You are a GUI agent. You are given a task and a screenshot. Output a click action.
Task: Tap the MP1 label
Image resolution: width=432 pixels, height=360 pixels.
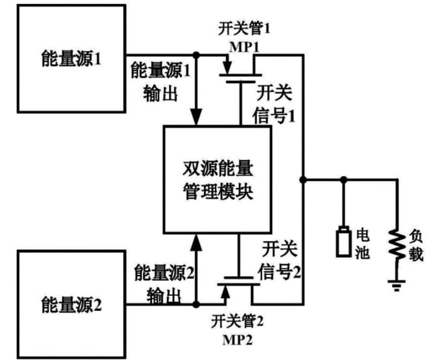click(245, 47)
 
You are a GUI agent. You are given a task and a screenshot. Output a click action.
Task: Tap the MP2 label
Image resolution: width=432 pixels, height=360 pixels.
click(237, 340)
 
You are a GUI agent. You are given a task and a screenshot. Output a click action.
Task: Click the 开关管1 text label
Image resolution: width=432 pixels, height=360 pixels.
click(245, 29)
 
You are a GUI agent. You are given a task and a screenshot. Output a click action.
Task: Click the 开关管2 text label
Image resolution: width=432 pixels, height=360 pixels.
click(237, 321)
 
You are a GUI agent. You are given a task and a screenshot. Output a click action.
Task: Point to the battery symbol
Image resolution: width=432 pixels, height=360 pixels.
click(344, 242)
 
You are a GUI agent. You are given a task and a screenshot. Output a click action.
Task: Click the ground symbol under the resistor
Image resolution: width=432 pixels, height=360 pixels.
click(397, 285)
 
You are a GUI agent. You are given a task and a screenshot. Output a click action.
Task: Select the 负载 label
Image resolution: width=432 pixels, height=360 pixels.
click(416, 245)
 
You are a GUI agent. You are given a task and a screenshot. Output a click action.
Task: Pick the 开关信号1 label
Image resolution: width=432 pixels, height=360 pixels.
click(274, 105)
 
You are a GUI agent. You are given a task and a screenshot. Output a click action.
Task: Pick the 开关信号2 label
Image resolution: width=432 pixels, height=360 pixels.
click(279, 260)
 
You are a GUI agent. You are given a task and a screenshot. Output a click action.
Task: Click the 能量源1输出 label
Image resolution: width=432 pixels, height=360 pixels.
click(160, 81)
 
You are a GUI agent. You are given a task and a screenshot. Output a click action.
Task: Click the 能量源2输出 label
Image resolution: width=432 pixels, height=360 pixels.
click(164, 284)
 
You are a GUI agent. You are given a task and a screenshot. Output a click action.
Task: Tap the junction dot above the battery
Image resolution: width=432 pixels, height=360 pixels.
click(344, 180)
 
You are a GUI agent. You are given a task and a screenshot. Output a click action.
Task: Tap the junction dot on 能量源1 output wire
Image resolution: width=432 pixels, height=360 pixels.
click(196, 55)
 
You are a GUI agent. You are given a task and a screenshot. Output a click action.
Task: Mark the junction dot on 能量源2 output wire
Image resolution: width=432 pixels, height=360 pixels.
click(196, 305)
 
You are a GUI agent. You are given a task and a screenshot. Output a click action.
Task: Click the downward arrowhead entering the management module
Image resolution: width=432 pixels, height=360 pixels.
click(196, 117)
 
